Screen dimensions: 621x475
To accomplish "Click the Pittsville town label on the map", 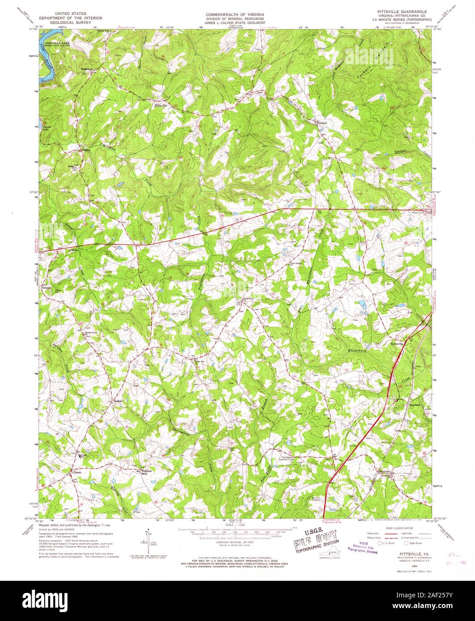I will click(x=160, y=106).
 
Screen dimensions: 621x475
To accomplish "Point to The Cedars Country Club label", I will click(x=291, y=459).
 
